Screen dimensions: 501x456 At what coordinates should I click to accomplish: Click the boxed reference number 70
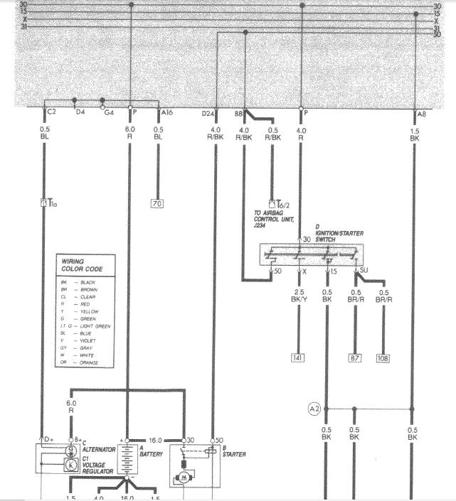pyautogui.click(x=157, y=204)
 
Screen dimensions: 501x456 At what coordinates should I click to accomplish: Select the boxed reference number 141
pyautogui.click(x=298, y=357)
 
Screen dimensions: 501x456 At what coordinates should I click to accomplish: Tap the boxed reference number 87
pyautogui.click(x=355, y=357)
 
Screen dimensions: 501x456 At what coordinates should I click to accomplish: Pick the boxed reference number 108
pyautogui.click(x=383, y=357)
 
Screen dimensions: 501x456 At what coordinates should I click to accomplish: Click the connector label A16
pyautogui.click(x=166, y=112)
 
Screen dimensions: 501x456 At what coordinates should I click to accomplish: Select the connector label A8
pyautogui.click(x=422, y=112)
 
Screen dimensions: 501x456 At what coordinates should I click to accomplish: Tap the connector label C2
pyautogui.click(x=51, y=112)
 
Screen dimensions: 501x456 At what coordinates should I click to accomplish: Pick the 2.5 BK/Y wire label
pyautogui.click(x=298, y=296)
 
